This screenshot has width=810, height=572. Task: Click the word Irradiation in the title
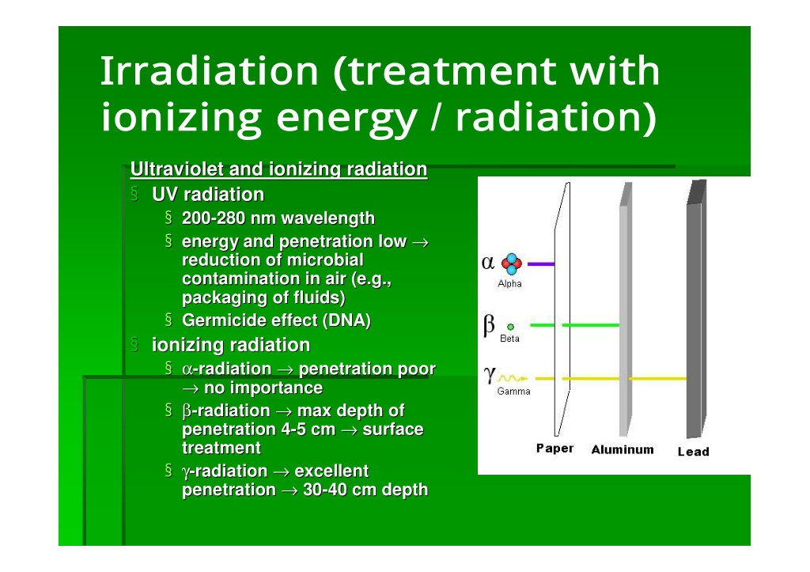pos(209,70)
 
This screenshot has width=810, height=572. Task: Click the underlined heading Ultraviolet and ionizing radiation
pos(279,169)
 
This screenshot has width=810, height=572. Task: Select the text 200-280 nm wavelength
pos(278,218)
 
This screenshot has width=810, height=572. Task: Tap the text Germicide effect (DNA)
pos(276,320)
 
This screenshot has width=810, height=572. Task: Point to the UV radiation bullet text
pos(208,195)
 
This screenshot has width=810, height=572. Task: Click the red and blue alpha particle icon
pos(512,264)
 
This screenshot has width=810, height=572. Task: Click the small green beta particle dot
pos(510,327)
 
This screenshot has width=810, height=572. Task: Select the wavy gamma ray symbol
pos(513,379)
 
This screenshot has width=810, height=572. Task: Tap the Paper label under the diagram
pos(555,448)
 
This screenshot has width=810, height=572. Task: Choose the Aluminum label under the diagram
pos(623,449)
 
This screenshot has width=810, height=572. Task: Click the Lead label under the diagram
pos(693,452)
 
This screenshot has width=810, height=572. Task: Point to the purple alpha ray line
pos(541,264)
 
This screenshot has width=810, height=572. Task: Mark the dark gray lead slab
pos(696,309)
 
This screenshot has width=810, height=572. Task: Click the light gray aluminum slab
pos(626,309)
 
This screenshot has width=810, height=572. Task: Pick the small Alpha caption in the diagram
pos(510,284)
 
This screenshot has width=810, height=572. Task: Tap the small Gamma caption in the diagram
pos(513,391)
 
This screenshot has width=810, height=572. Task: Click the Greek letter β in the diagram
pos(489,325)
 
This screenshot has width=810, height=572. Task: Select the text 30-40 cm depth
pos(365,490)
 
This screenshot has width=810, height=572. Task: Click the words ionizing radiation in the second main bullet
pos(231,345)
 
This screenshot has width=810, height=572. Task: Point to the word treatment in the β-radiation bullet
pos(221,448)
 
